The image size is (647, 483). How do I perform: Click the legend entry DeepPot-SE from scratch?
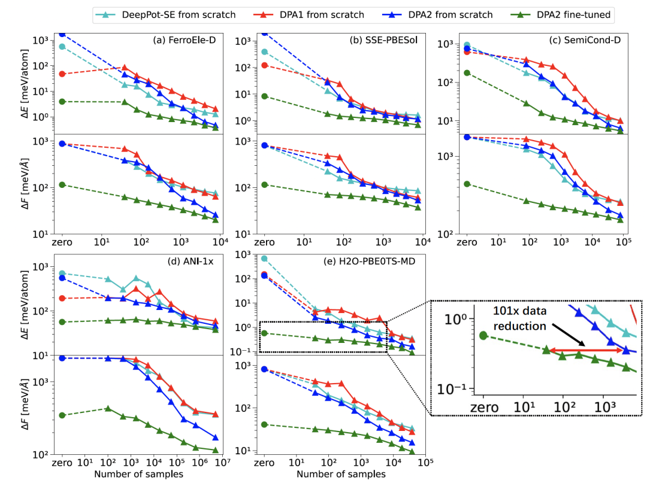click(168, 14)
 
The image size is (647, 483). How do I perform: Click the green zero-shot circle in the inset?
click(483, 335)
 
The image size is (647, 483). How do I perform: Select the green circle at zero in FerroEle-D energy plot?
click(62, 102)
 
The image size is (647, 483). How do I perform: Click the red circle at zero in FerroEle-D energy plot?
click(62, 74)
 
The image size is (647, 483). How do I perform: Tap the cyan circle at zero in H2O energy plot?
click(264, 259)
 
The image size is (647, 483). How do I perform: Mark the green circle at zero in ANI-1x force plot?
click(62, 415)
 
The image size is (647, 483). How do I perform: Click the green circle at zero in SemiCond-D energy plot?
click(467, 72)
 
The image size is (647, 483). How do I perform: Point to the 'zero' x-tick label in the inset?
click(485, 408)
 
